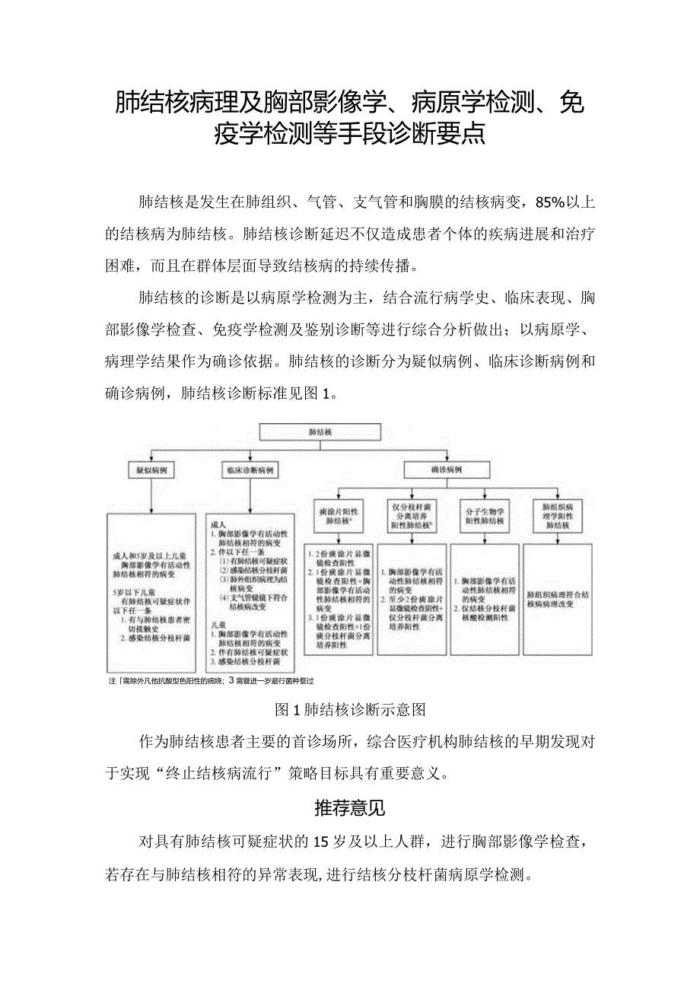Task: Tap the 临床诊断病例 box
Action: (250, 471)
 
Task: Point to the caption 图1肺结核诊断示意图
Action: (350, 710)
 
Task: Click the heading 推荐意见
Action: (350, 808)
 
